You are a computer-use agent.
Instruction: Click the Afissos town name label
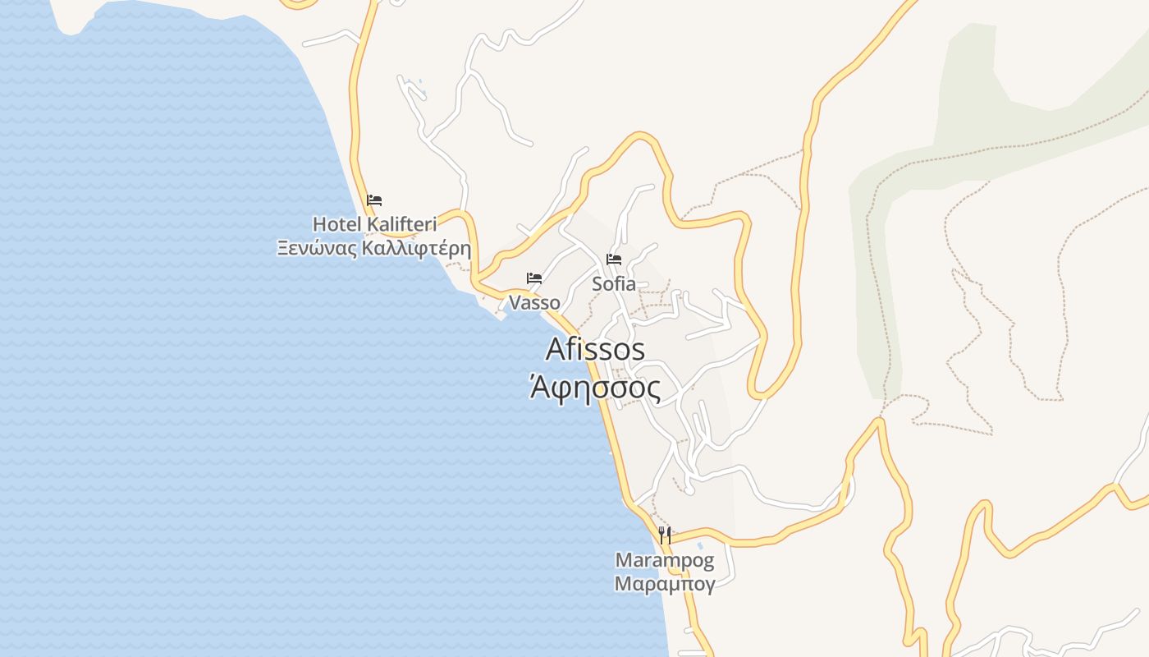click(x=595, y=349)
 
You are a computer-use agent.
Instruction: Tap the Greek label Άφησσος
click(x=595, y=387)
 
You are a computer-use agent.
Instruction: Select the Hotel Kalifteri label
click(x=374, y=223)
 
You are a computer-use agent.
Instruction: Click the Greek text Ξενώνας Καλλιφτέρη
click(x=374, y=247)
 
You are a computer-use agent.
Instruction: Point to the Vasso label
click(x=534, y=303)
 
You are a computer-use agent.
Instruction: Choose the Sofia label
click(x=614, y=284)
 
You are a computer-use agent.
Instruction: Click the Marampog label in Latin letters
click(x=665, y=562)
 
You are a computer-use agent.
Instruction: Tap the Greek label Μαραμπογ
click(x=665, y=584)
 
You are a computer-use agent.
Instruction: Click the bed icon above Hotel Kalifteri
click(x=374, y=200)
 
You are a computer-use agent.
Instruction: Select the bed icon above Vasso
click(x=534, y=278)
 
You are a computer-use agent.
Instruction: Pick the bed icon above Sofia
click(x=614, y=260)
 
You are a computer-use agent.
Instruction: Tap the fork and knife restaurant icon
click(x=665, y=535)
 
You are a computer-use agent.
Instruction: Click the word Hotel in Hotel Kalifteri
click(x=337, y=223)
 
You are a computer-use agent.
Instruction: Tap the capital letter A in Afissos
click(x=555, y=349)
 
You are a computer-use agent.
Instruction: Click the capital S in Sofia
click(x=597, y=284)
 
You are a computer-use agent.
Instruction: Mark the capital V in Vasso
click(x=515, y=303)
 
